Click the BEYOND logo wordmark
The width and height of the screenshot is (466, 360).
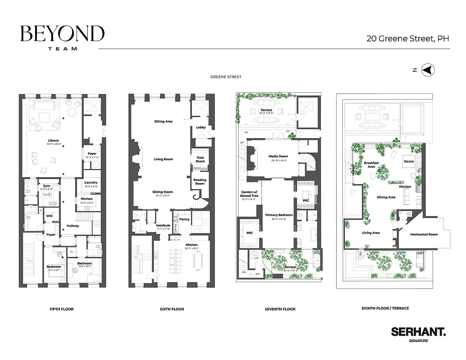[x=62, y=34]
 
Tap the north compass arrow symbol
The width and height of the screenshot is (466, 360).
[x=429, y=70]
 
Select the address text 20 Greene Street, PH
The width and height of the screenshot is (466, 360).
[x=407, y=39]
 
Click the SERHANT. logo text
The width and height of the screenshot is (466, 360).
[x=418, y=332]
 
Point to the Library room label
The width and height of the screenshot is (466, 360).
[x=53, y=140]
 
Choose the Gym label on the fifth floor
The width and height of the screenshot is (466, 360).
[x=47, y=185]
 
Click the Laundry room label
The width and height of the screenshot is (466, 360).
[x=91, y=182]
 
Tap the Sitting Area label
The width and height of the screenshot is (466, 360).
[x=163, y=121]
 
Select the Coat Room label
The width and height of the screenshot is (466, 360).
[x=200, y=159]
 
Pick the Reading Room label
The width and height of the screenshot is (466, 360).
[x=200, y=182]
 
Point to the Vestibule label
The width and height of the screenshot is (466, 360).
[x=163, y=225]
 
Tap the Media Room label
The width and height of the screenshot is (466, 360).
[x=278, y=156]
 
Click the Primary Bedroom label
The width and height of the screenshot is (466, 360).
[x=279, y=215]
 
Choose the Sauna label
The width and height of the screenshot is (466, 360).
[x=408, y=161]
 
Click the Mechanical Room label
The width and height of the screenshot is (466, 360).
[x=423, y=234]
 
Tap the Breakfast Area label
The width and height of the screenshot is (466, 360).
[x=371, y=164]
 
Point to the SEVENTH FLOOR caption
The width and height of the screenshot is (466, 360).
[x=280, y=309]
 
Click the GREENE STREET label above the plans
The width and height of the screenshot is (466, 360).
[x=226, y=77]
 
